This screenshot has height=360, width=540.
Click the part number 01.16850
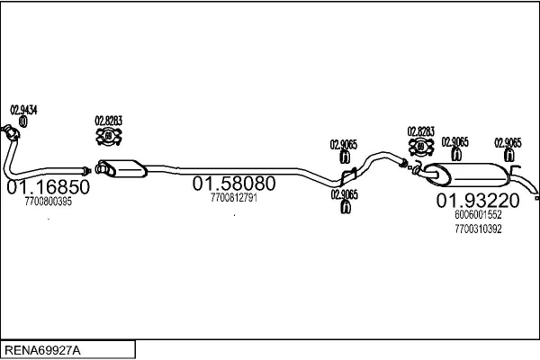pyautogui.click(x=49, y=187)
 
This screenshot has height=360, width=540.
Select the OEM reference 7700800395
pyautogui.click(x=49, y=202)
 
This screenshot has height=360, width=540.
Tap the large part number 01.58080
pyautogui.click(x=234, y=184)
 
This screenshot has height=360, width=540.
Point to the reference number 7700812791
pyautogui.click(x=234, y=198)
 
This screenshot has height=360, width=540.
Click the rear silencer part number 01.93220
pyautogui.click(x=478, y=201)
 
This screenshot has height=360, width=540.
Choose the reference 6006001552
pyautogui.click(x=478, y=214)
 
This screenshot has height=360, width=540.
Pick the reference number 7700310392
pyautogui.click(x=478, y=229)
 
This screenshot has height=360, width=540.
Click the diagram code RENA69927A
pyautogui.click(x=42, y=350)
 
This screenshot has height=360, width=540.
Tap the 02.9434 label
pyautogui.click(x=23, y=110)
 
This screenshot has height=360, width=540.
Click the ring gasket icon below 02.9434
pyautogui.click(x=23, y=121)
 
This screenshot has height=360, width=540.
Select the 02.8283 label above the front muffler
pyautogui.click(x=109, y=121)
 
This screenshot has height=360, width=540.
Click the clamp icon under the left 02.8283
pyautogui.click(x=109, y=136)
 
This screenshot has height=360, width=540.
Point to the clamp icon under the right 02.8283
pyautogui.click(x=421, y=147)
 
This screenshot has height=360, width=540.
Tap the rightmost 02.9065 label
pyautogui.click(x=508, y=142)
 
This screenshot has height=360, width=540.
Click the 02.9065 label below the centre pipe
pyautogui.click(x=344, y=194)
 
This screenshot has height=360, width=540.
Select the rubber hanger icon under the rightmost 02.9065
pyautogui.click(x=509, y=156)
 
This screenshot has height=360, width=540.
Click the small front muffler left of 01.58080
pyautogui.click(x=121, y=168)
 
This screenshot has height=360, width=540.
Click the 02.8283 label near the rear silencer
pyautogui.click(x=421, y=131)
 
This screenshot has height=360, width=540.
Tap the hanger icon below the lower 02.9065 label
pyautogui.click(x=345, y=207)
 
